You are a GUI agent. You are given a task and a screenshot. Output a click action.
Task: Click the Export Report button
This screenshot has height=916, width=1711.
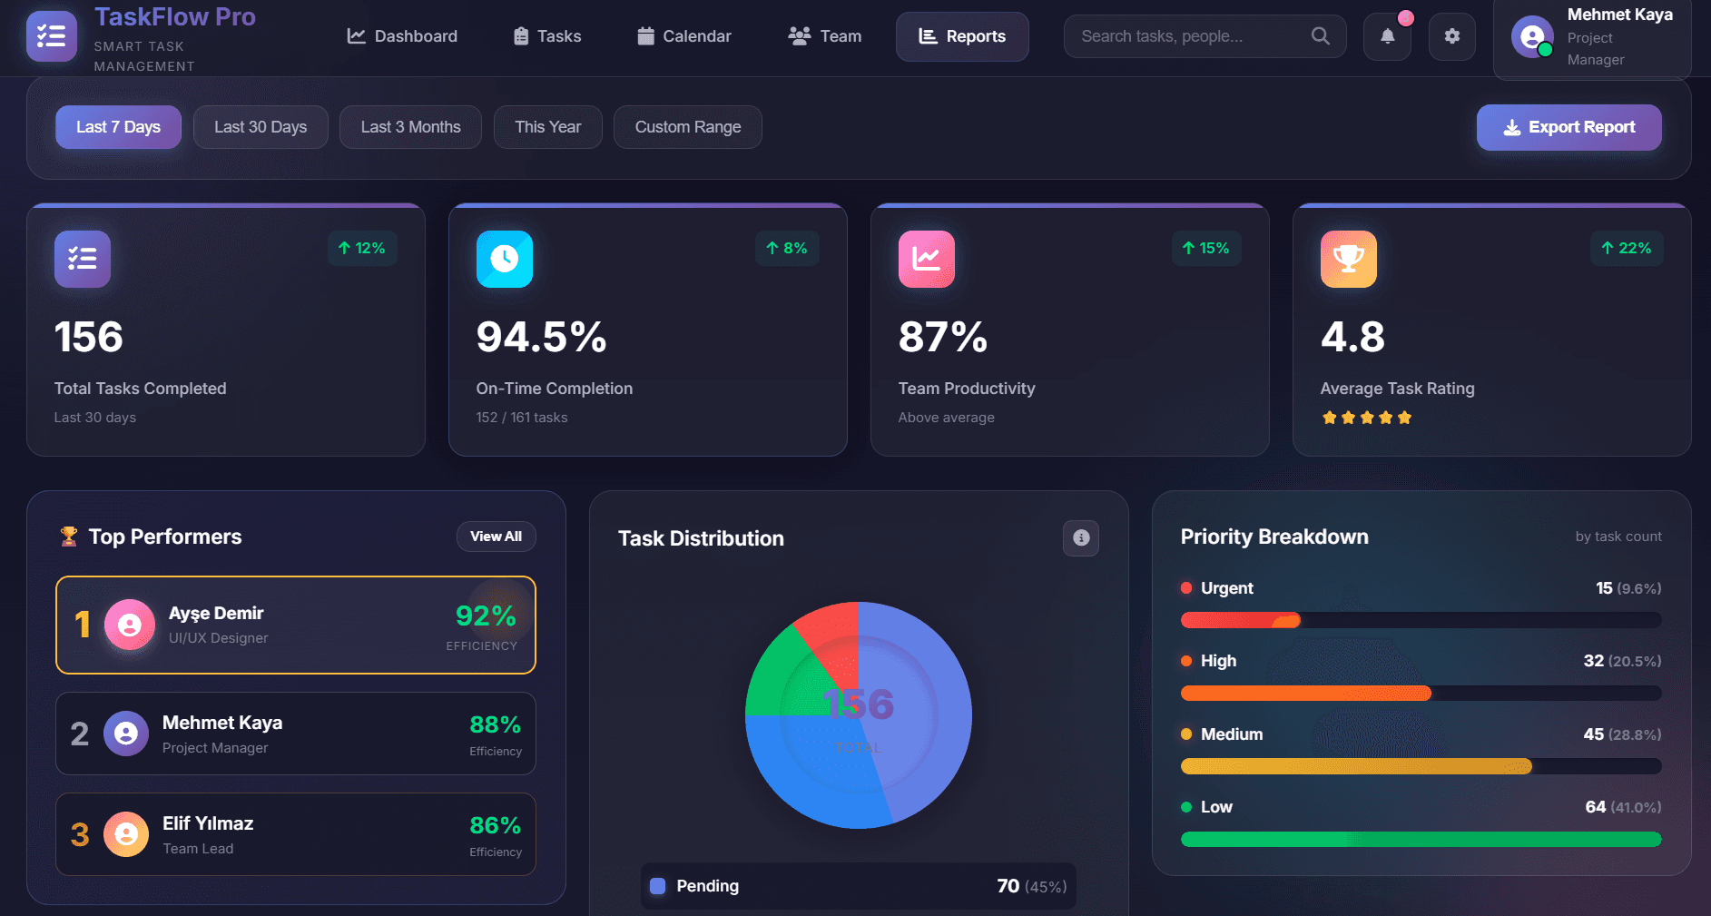click(1568, 127)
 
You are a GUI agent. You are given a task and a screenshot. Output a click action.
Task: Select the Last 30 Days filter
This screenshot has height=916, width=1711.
click(261, 127)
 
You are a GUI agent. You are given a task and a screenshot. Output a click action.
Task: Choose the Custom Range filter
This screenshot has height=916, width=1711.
click(687, 127)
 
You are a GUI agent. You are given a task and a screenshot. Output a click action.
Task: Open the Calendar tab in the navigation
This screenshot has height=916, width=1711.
click(684, 36)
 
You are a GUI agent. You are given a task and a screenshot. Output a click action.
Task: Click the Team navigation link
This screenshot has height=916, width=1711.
click(825, 36)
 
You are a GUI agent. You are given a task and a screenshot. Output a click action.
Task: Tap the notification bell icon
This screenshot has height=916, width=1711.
click(1387, 36)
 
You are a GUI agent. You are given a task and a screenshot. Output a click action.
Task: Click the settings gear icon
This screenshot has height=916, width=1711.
click(1451, 36)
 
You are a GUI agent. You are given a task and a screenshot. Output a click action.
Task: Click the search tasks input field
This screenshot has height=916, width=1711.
click(1189, 36)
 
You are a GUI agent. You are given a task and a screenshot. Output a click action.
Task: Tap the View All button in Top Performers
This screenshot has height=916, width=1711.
click(496, 537)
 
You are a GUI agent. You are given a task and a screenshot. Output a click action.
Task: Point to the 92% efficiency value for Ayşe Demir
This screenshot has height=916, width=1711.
click(486, 616)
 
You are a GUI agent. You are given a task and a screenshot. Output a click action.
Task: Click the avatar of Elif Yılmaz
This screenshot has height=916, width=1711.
click(126, 834)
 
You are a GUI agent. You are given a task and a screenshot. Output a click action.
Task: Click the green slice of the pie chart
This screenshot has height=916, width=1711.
click(781, 676)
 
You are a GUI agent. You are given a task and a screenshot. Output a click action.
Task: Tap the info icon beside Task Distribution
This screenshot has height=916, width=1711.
click(1080, 538)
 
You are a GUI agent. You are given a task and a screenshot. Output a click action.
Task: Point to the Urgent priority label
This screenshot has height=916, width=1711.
click(1226, 588)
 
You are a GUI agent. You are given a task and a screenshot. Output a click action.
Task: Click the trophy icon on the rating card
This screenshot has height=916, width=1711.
click(1348, 259)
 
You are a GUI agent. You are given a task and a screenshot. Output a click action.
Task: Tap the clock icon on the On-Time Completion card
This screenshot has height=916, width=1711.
click(505, 259)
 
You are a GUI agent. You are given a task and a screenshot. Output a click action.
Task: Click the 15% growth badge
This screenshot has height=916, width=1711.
click(1205, 249)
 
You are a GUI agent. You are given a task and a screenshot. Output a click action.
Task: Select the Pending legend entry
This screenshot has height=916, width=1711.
click(707, 886)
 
